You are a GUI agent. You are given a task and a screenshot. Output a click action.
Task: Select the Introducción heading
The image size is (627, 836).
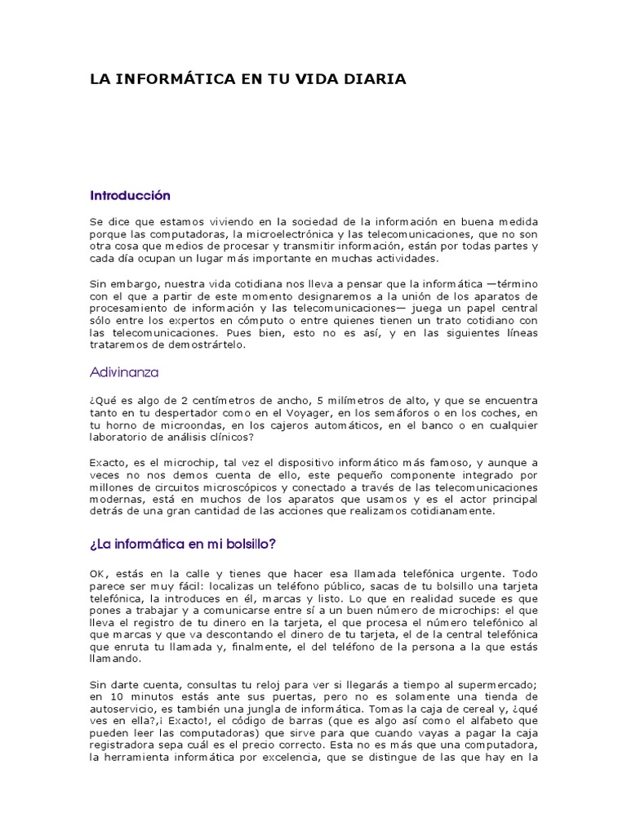(130, 196)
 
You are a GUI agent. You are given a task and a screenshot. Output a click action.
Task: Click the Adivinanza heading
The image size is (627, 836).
(123, 372)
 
